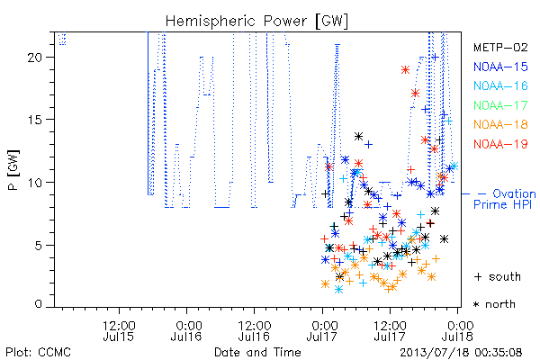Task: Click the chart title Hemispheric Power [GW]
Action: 256,22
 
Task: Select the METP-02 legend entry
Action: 500,47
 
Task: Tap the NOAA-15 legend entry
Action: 500,67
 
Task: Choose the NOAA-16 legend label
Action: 500,85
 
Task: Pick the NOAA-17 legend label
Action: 500,105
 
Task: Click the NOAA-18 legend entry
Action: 500,124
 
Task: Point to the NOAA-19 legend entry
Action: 500,144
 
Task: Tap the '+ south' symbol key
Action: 498,276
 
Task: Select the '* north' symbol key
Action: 494,304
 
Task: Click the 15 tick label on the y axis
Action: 35,120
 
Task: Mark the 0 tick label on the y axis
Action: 39,304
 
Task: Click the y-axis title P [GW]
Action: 13,170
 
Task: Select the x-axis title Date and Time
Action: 257,353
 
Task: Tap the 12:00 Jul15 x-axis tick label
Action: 119,331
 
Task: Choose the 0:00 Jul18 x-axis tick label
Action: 458,331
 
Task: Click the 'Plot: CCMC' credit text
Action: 38,353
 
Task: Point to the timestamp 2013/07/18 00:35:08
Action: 461,353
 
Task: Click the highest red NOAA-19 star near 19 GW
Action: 405,70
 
